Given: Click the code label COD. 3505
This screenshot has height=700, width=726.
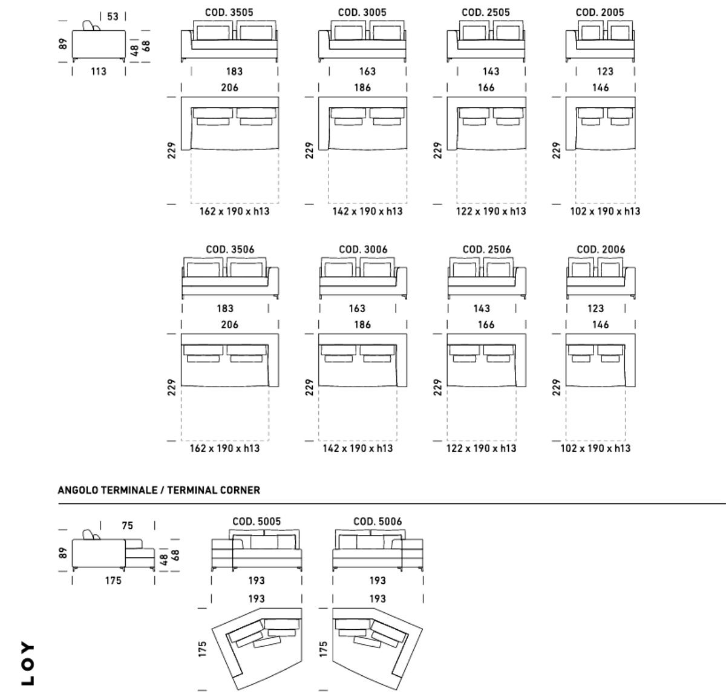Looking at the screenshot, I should [x=229, y=12].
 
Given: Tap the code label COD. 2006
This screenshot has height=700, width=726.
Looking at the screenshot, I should [x=601, y=249].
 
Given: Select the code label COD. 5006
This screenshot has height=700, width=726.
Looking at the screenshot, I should [x=378, y=522].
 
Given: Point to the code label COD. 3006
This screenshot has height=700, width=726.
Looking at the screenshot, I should [x=363, y=249].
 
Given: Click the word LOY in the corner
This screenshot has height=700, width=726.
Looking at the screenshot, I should [x=28, y=663].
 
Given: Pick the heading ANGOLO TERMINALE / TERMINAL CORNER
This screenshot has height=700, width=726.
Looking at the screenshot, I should [x=159, y=490].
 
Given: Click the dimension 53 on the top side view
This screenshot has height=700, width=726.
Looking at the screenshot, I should [x=113, y=16].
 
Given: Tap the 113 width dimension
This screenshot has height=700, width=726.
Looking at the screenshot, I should [x=99, y=71].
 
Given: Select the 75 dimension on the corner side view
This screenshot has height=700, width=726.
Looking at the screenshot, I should [x=127, y=526].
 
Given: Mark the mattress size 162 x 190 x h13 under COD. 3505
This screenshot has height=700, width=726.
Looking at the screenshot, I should [x=235, y=211].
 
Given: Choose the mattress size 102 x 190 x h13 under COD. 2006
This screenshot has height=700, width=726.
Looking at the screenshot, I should [x=595, y=448].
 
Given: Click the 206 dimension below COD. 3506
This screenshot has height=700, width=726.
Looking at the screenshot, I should [x=229, y=325].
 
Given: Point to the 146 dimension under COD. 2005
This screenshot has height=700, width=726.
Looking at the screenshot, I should [x=600, y=88].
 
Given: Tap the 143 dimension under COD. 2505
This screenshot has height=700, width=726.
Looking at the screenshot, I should [x=491, y=71].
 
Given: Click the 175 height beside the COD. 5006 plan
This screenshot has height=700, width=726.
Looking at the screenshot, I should [x=324, y=649].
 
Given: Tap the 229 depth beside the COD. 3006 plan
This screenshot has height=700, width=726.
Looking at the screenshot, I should [x=309, y=387].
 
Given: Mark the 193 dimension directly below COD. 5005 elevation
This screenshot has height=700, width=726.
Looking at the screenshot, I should [x=257, y=581].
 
